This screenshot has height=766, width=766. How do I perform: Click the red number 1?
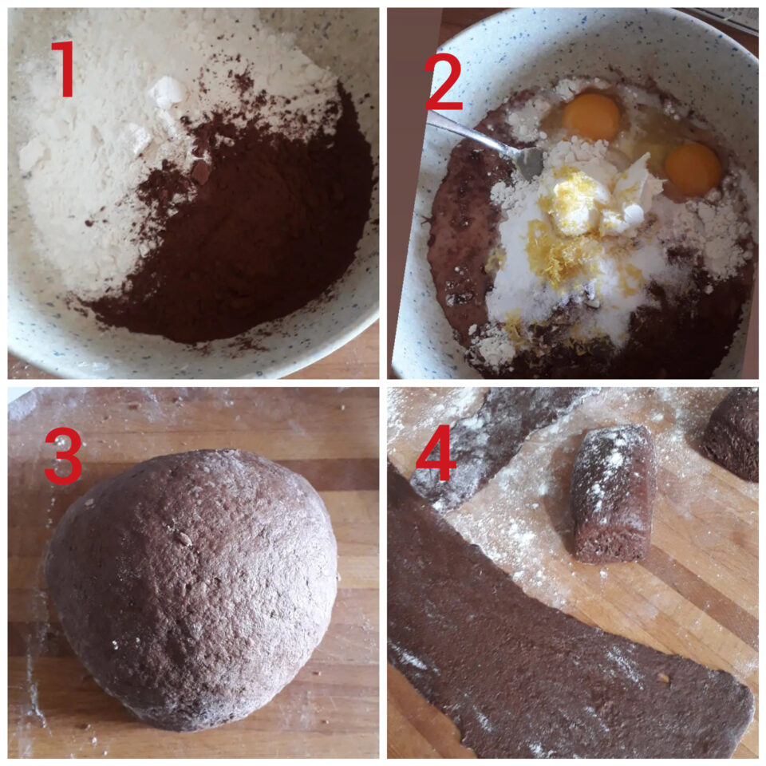click(x=64, y=69)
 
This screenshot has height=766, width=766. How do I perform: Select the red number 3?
click(x=62, y=455)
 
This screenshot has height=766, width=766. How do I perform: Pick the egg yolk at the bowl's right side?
click(x=693, y=169)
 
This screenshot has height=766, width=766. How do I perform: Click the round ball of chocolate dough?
click(x=191, y=590)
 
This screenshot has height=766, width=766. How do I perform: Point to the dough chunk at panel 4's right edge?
click(x=732, y=434)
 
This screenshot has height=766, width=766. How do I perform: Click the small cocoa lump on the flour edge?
click(x=201, y=172)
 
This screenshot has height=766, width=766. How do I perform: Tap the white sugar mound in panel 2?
click(x=576, y=283)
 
